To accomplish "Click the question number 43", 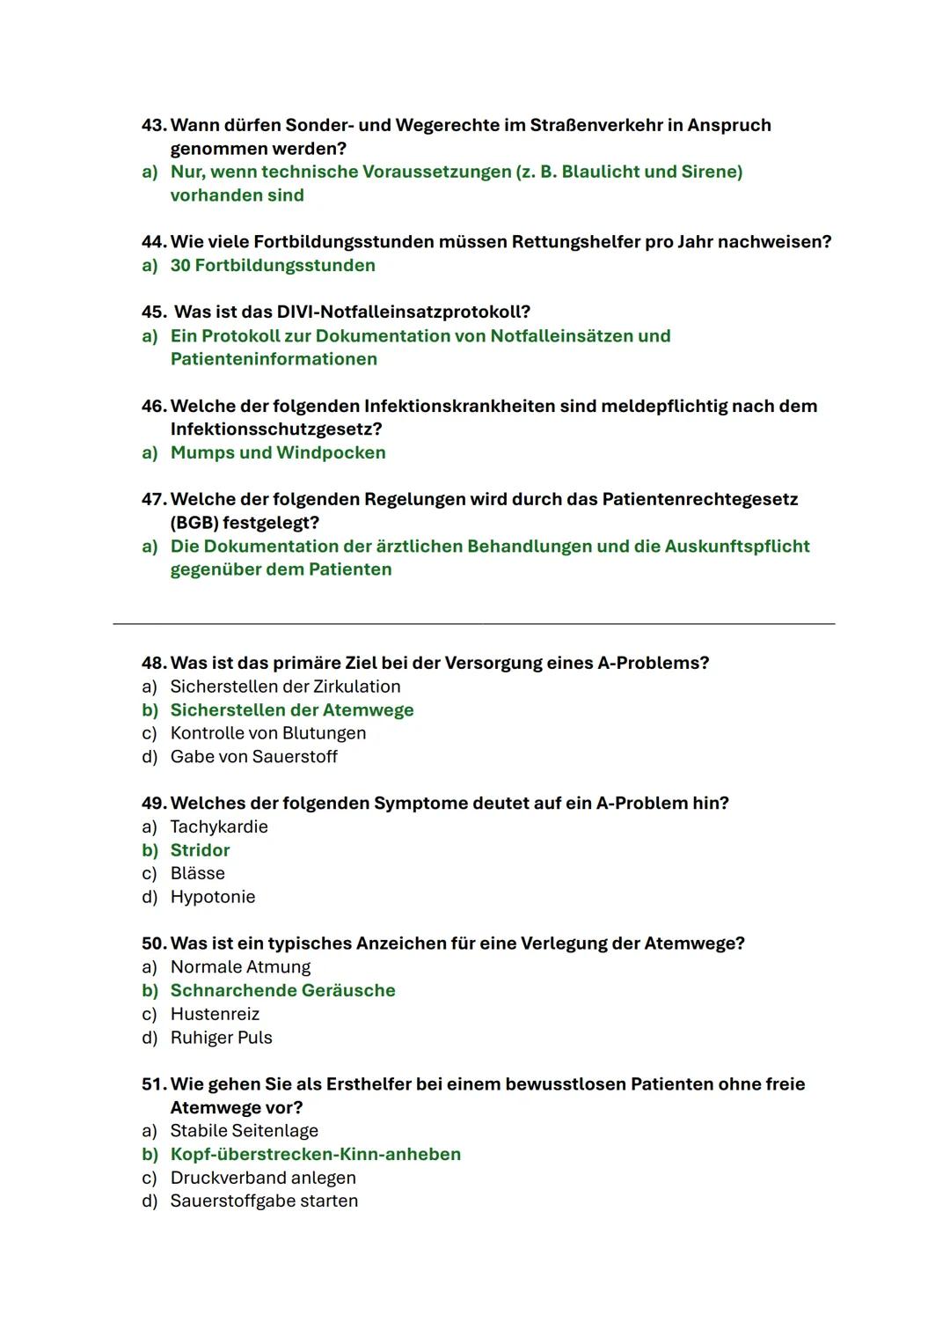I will click(x=154, y=125).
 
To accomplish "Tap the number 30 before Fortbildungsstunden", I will click(x=179, y=266).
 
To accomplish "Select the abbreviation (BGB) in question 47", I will click(x=194, y=523).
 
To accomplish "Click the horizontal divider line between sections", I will click(x=474, y=624).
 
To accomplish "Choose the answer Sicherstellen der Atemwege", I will click(x=291, y=710).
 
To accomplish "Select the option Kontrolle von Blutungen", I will click(x=267, y=733).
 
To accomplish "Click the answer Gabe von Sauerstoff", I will click(x=253, y=757).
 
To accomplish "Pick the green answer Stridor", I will click(x=200, y=850).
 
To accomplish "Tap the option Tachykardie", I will click(x=219, y=827).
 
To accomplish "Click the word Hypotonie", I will click(x=213, y=897).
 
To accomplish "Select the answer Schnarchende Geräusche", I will click(x=282, y=991).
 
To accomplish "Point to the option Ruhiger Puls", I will click(x=221, y=1038).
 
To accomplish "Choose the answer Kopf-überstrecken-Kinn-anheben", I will click(x=315, y=1155).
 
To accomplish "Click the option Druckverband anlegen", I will click(x=263, y=1178).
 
